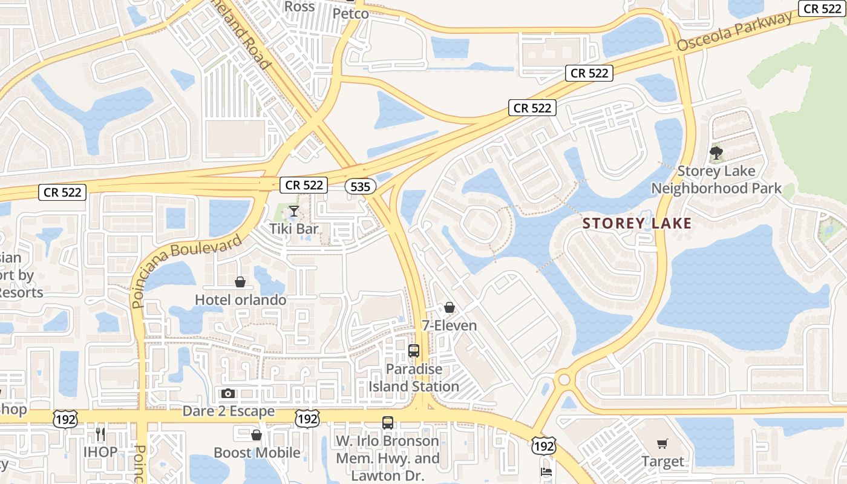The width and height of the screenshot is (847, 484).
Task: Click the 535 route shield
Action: tap(360, 186)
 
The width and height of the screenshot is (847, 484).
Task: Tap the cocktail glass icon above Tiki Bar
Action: tap(294, 211)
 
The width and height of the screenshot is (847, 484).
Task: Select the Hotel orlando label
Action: tap(240, 299)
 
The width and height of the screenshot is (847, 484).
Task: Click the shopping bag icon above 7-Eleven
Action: tap(449, 307)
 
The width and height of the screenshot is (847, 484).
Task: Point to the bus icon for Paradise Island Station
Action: tap(414, 350)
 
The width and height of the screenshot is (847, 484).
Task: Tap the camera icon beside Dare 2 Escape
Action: tap(228, 394)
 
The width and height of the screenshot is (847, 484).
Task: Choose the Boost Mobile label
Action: tap(257, 453)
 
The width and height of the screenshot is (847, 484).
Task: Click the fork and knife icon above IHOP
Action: tap(100, 434)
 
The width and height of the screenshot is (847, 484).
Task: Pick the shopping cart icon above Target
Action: tap(662, 444)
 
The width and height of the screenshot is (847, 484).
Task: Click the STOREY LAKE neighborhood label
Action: tap(636, 223)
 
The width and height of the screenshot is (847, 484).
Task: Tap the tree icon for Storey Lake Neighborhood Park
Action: tap(716, 152)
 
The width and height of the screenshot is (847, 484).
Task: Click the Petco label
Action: tap(350, 13)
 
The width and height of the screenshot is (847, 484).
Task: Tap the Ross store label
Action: tap(299, 7)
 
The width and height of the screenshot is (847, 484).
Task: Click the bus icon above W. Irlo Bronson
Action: tap(388, 423)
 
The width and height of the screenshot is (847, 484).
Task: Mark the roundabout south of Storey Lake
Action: tap(564, 380)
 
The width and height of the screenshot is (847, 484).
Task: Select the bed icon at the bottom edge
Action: tap(546, 471)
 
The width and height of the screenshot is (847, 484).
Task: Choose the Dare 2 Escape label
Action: tap(229, 411)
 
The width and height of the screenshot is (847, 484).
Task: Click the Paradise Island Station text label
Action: tap(414, 378)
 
